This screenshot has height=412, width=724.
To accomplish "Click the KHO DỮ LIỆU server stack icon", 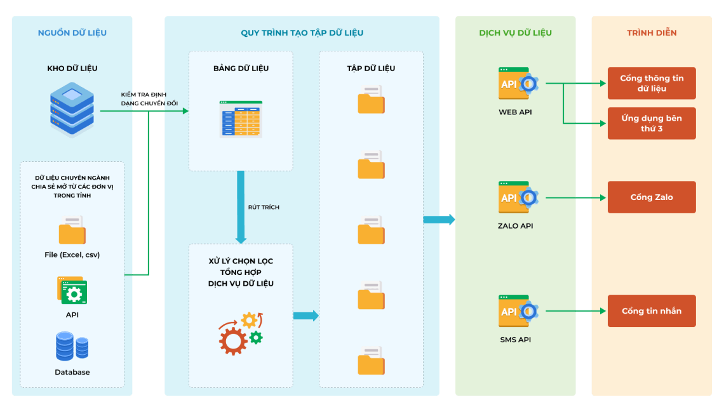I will tap(72, 110).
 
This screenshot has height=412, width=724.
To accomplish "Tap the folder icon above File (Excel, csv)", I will tap(72, 230).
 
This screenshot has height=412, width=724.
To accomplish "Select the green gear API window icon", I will tap(72, 291).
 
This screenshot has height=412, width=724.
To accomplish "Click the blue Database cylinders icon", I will tap(72, 346).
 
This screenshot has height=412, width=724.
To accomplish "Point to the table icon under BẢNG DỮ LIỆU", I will tap(241, 119).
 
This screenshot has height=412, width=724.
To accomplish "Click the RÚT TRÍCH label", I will tap(264, 207).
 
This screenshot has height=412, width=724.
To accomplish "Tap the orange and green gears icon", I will tap(241, 333).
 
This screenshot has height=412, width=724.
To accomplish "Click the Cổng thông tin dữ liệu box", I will tap(652, 83).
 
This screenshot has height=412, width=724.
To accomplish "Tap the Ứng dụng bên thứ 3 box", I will tap(652, 123).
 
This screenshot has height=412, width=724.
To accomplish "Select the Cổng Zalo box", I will tap(652, 197).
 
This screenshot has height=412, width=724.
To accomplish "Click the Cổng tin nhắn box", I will tap(652, 311).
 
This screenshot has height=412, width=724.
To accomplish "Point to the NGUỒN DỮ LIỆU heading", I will tap(72, 33).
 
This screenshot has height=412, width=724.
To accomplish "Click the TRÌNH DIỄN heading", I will tap(652, 33).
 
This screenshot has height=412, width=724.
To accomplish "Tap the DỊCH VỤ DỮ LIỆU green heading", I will tap(515, 33).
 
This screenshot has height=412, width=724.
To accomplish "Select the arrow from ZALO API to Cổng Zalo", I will tap(575, 197).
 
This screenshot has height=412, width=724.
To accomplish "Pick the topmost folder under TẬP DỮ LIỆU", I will tap(371, 100).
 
